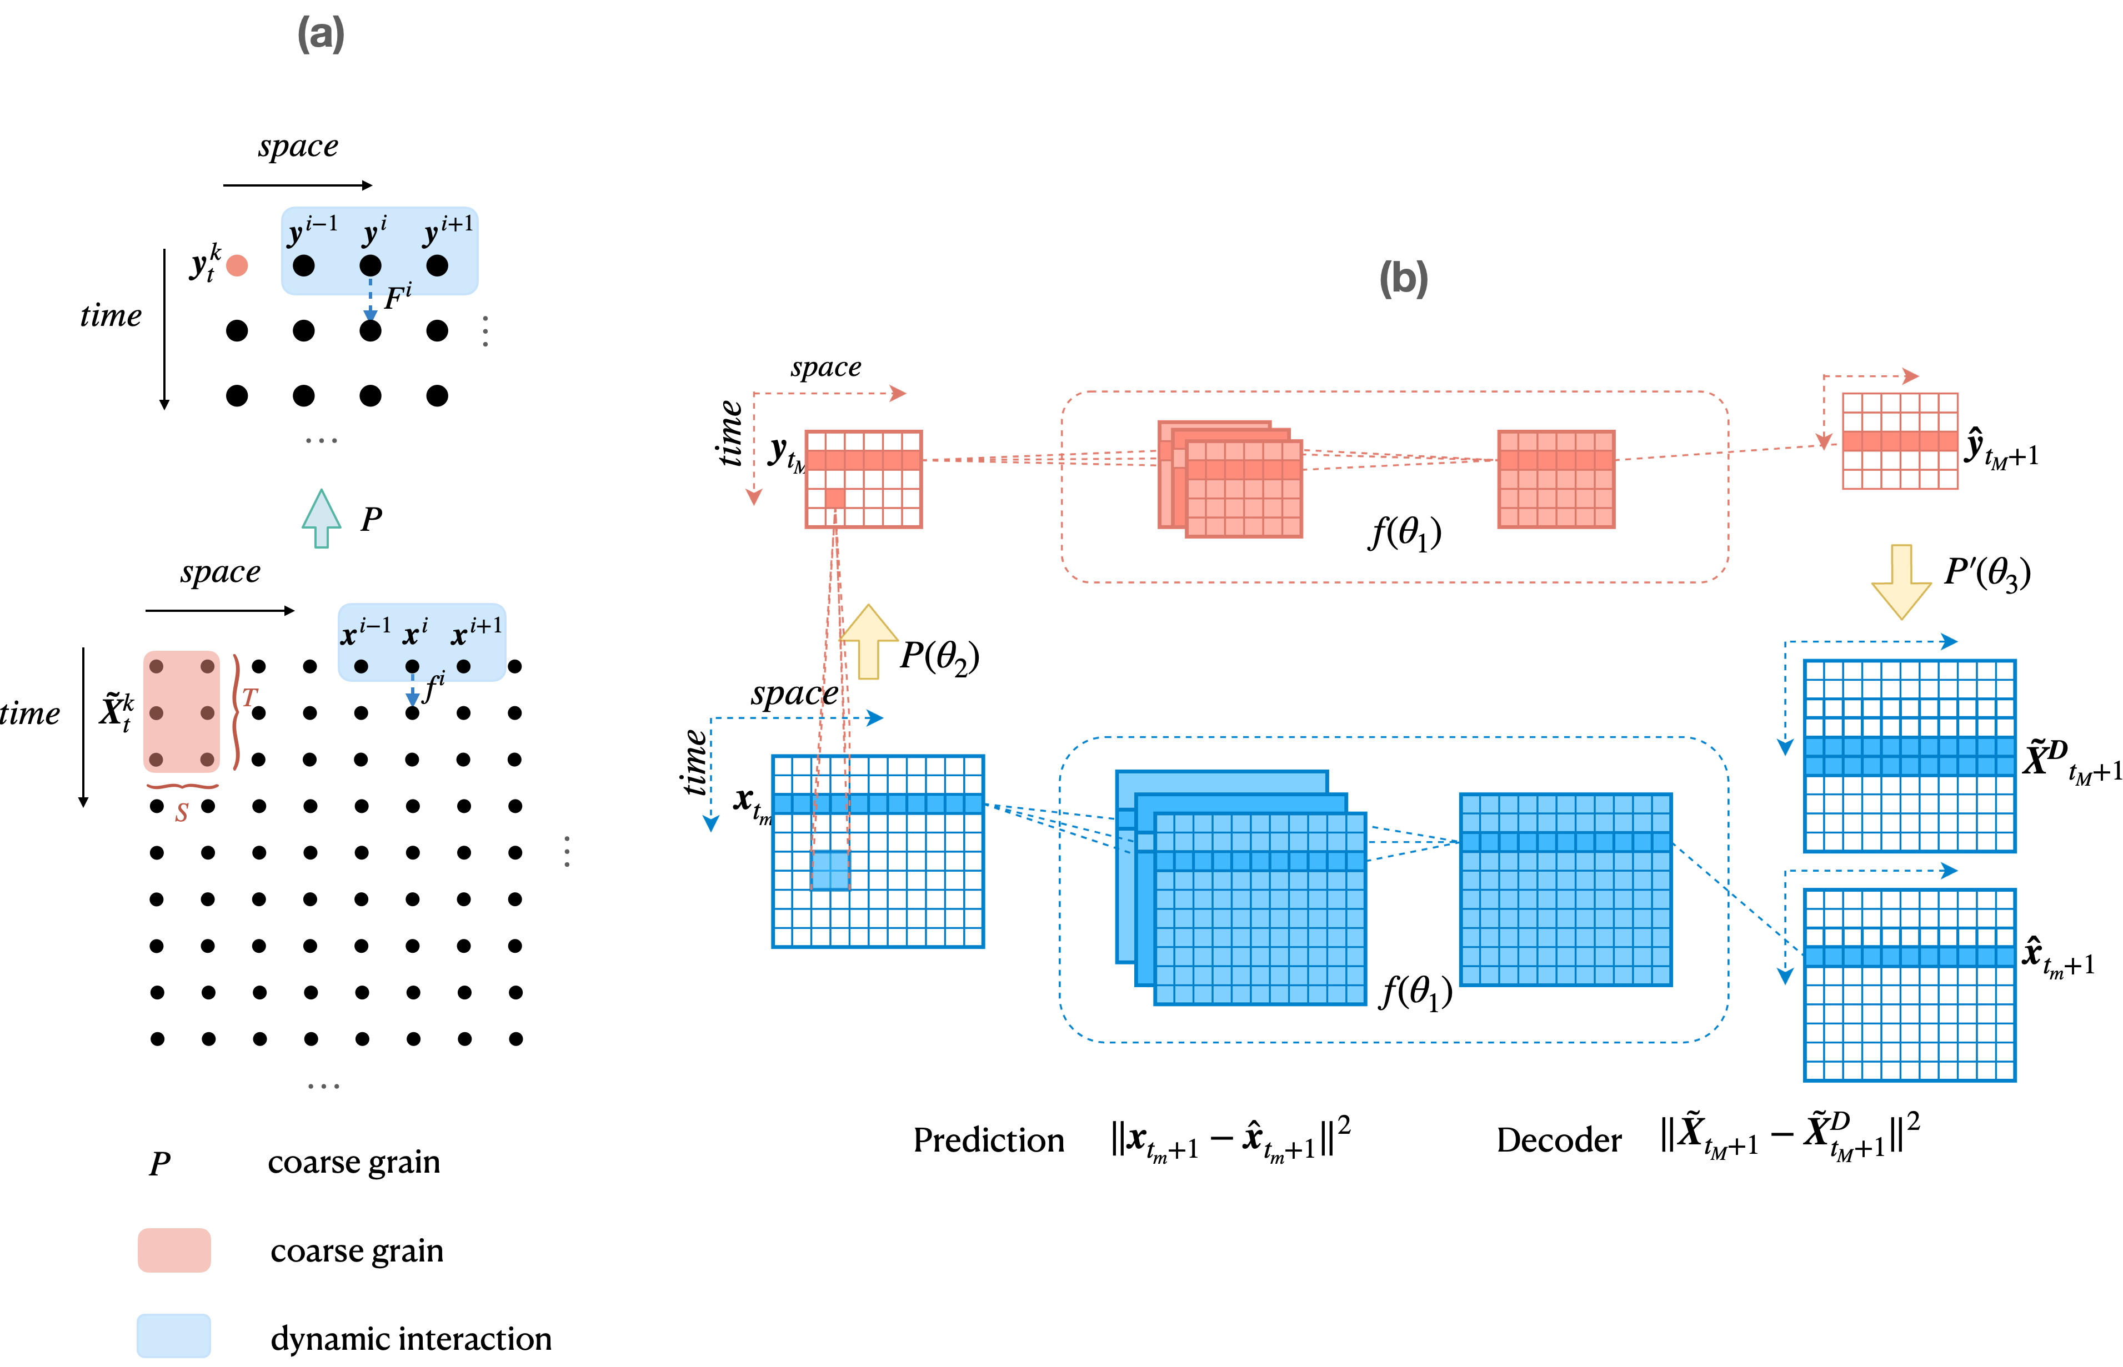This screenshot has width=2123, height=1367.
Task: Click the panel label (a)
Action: (321, 34)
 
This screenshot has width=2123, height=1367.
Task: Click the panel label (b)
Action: (1403, 279)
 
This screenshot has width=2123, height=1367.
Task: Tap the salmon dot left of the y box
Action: (237, 265)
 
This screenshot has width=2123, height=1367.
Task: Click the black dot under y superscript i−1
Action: (304, 265)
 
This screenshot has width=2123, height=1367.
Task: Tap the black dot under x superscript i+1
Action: (463, 666)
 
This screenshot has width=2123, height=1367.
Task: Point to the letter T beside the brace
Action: (249, 698)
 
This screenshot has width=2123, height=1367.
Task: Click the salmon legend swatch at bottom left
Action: (174, 1250)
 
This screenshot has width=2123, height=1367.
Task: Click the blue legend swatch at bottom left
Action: (174, 1335)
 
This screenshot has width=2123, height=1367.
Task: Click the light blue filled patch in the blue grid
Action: (830, 870)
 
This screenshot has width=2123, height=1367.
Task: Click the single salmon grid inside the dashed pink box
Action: (1556, 479)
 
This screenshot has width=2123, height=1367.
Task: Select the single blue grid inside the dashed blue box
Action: (1565, 889)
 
